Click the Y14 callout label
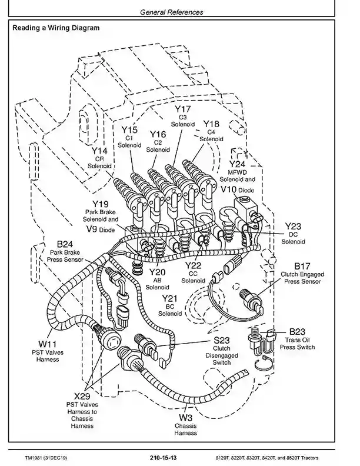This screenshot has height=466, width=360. (99, 151)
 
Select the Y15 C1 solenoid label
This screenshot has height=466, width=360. (129, 130)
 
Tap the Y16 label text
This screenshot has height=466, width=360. (158, 134)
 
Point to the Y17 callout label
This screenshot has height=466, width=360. (182, 109)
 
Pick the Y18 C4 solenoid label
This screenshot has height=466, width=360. (211, 124)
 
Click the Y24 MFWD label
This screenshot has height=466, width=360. (237, 164)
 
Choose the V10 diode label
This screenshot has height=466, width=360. (228, 189)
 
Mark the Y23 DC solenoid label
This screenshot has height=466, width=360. (293, 226)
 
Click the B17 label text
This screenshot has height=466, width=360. (302, 266)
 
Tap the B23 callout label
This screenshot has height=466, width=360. (297, 331)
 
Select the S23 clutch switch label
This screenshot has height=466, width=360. (222, 340)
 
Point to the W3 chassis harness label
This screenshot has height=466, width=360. (185, 418)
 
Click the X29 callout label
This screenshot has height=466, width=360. (82, 396)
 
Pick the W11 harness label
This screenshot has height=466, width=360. (48, 344)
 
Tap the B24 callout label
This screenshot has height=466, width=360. (65, 244)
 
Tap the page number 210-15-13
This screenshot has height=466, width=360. (163, 457)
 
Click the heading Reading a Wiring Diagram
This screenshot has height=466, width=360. (56, 28)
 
